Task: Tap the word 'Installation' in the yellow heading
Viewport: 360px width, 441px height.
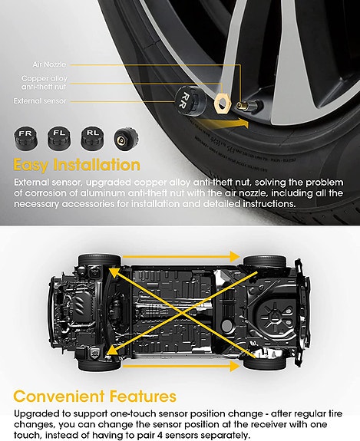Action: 97,166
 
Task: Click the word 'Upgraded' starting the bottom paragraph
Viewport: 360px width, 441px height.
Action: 35,413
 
